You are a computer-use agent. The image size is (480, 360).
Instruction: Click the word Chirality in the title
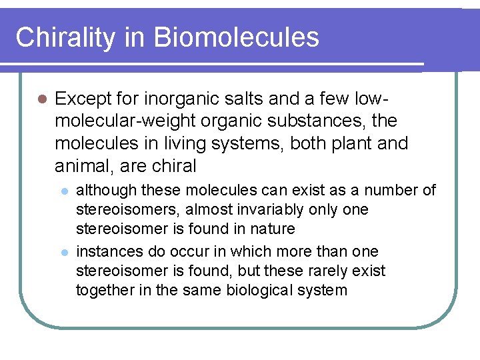(x=64, y=37)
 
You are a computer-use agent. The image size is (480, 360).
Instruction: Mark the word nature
(x=273, y=229)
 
